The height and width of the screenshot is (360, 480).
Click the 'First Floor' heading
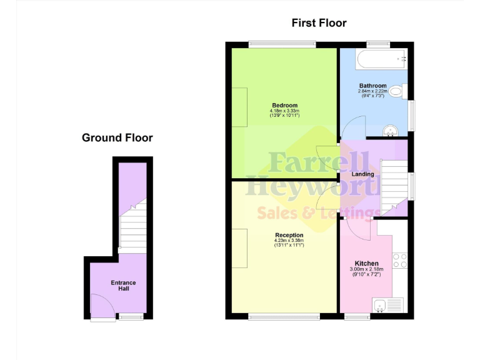tap(319, 23)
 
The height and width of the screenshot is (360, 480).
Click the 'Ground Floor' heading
tap(117, 137)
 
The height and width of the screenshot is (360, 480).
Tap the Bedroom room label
tap(284, 105)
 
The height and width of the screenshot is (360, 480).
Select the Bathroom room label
tap(372, 86)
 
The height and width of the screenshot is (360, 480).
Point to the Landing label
tap(362, 174)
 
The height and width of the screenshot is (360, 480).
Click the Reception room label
tap(289, 236)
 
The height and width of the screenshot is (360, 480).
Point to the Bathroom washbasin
tap(391, 131)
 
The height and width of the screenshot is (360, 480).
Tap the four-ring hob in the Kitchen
tap(399, 260)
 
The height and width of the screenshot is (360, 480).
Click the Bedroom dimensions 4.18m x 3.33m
tap(284, 112)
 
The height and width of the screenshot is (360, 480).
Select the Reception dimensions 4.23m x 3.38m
tap(289, 241)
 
